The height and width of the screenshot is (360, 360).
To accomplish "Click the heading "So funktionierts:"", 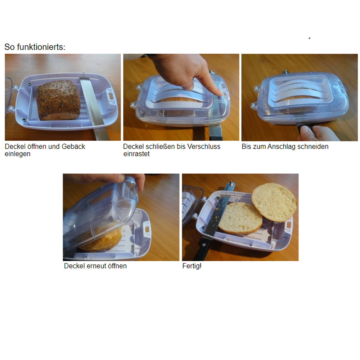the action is coord(35,47).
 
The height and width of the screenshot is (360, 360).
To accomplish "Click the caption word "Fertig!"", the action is coord(192,266).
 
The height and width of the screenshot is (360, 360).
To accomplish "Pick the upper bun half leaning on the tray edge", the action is coord(274,202).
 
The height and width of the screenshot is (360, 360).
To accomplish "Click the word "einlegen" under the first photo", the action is coord(17,154).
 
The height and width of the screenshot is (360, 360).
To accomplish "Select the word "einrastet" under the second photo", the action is coord(136,154).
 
